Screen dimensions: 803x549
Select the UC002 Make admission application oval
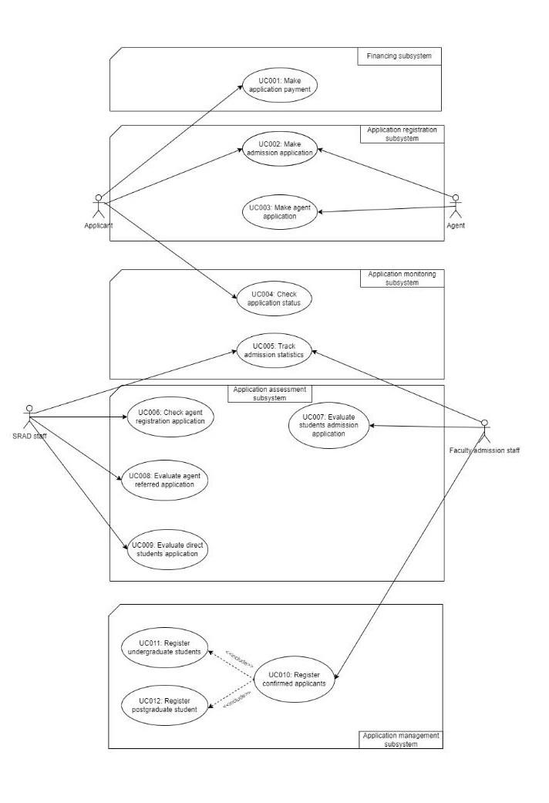click(279, 147)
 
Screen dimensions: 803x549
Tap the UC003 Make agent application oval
click(279, 211)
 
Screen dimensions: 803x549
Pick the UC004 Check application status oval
click(273, 298)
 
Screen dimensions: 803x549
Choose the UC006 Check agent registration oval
click(170, 417)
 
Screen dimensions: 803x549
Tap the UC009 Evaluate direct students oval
click(168, 548)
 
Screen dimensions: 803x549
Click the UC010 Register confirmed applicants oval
click(295, 679)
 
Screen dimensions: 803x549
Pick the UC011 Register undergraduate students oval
click(164, 647)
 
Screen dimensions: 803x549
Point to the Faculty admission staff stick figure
click(484, 433)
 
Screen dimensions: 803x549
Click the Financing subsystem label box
click(399, 56)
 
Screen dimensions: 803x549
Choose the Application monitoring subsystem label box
click(401, 278)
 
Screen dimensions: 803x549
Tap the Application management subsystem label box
click(401, 740)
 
